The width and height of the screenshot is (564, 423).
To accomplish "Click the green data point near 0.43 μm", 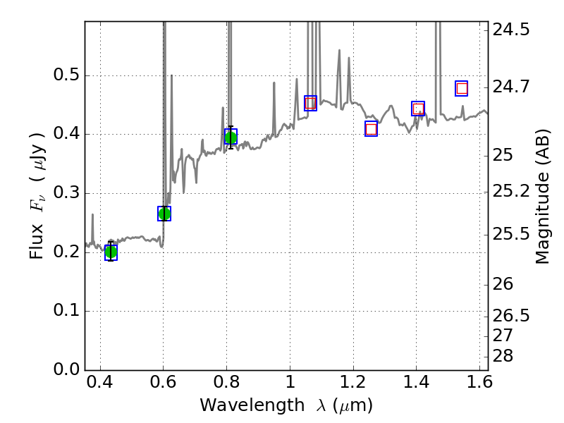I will pyautogui.click(x=111, y=252).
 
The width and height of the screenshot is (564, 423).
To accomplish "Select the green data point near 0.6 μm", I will pyautogui.click(x=164, y=214).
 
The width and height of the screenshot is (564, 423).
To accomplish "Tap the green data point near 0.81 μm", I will pyautogui.click(x=230, y=137).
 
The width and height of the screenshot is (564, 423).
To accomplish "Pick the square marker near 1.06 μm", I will pyautogui.click(x=310, y=104).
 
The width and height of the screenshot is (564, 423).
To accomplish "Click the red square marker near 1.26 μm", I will pyautogui.click(x=371, y=128).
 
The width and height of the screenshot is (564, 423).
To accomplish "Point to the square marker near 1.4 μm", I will pyautogui.click(x=418, y=109).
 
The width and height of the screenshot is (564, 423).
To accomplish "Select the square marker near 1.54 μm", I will pyautogui.click(x=462, y=88).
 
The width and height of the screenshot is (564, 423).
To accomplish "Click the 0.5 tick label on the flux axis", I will pyautogui.click(x=66, y=76).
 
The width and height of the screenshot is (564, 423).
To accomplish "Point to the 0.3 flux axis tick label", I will pyautogui.click(x=66, y=194).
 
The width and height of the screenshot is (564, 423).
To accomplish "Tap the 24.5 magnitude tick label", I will pyautogui.click(x=511, y=30).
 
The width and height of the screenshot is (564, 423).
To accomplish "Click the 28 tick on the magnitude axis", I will pyautogui.click(x=504, y=355).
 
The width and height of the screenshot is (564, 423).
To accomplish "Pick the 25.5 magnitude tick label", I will pyautogui.click(x=511, y=233).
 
